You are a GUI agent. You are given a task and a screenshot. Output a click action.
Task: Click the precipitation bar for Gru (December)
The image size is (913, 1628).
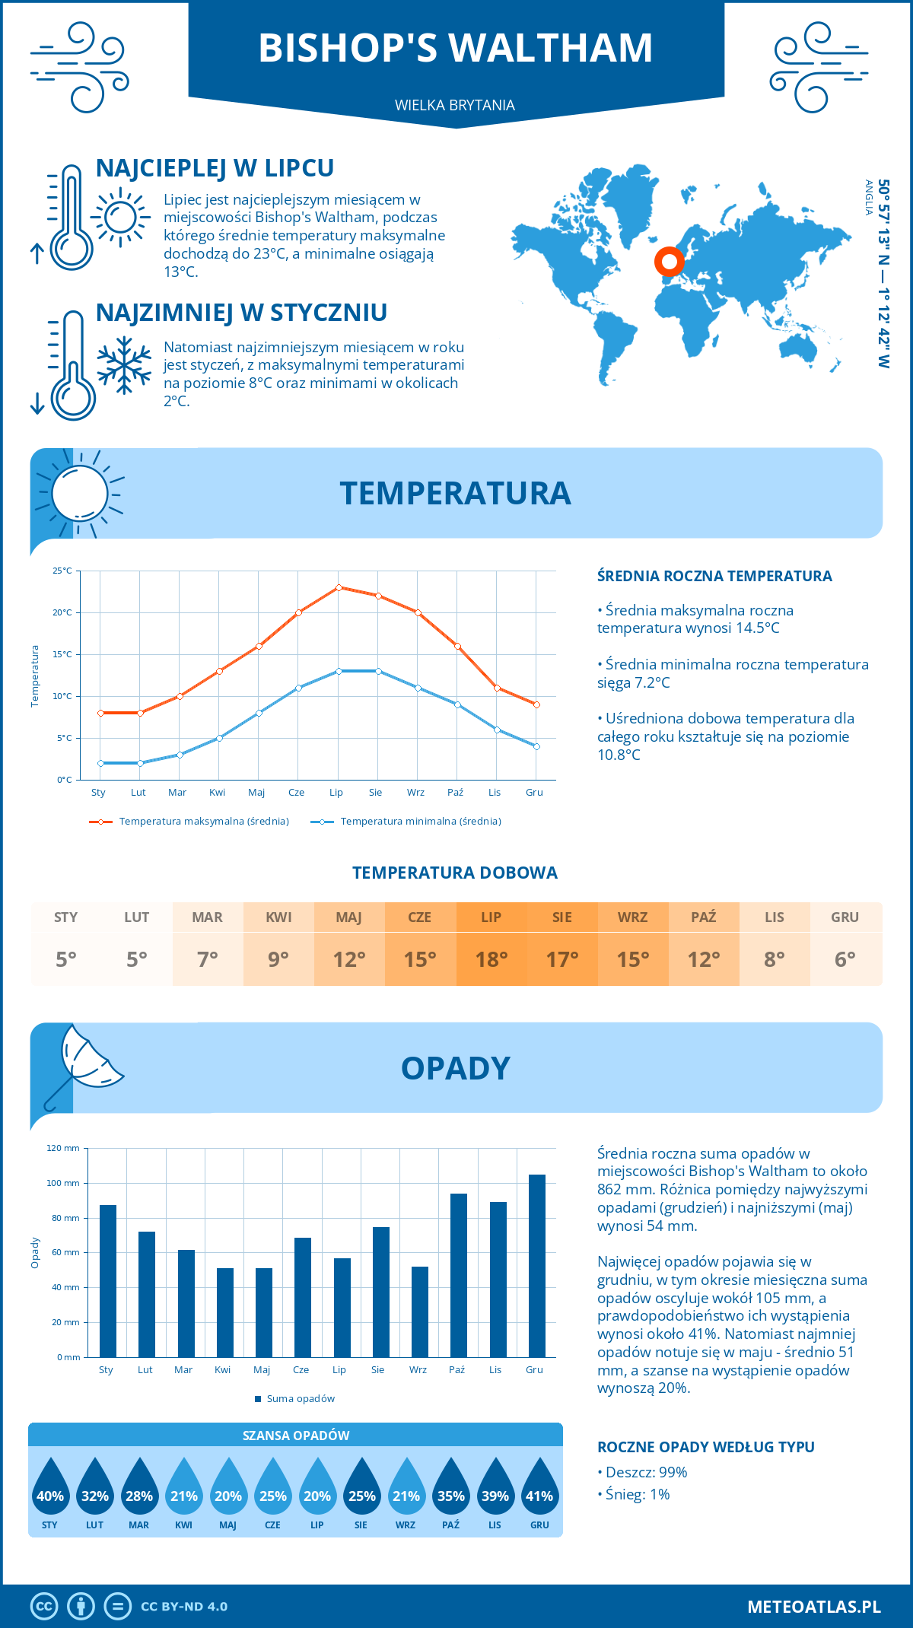tap(537, 1266)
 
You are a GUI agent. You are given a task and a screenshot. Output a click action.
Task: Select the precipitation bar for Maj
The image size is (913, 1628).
tap(264, 1312)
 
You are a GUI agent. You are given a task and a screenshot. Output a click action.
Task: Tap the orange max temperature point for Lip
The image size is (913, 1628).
tap(339, 587)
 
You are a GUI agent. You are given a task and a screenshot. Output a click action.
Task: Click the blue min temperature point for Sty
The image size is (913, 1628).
tap(100, 763)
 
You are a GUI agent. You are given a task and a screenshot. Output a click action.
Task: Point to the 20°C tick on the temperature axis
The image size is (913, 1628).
tap(62, 612)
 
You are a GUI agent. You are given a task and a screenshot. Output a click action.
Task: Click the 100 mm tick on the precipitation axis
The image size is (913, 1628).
tap(63, 1183)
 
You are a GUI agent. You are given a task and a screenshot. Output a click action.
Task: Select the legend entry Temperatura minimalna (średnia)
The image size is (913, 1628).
tap(420, 822)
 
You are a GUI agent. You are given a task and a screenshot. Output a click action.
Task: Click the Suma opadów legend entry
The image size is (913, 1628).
tap(301, 1399)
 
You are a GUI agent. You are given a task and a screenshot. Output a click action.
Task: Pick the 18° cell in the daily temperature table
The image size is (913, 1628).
tap(491, 959)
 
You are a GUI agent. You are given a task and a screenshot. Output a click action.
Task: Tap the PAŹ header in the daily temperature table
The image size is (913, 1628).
tap(704, 917)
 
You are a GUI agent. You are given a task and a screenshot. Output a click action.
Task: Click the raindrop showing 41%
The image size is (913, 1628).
tap(539, 1487)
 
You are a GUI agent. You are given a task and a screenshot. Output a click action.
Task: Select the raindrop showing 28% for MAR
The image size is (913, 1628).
tap(139, 1487)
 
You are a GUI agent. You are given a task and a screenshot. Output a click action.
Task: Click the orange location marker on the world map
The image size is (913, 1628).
tap(670, 262)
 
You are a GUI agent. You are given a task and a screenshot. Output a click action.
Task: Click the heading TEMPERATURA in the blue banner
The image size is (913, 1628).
tap(455, 493)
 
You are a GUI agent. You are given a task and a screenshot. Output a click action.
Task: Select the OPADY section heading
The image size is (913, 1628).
tap(455, 1068)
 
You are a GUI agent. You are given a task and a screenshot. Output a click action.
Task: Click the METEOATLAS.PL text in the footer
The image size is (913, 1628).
tap(814, 1607)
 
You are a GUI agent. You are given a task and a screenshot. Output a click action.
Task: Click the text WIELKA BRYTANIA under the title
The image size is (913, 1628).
tap(455, 105)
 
